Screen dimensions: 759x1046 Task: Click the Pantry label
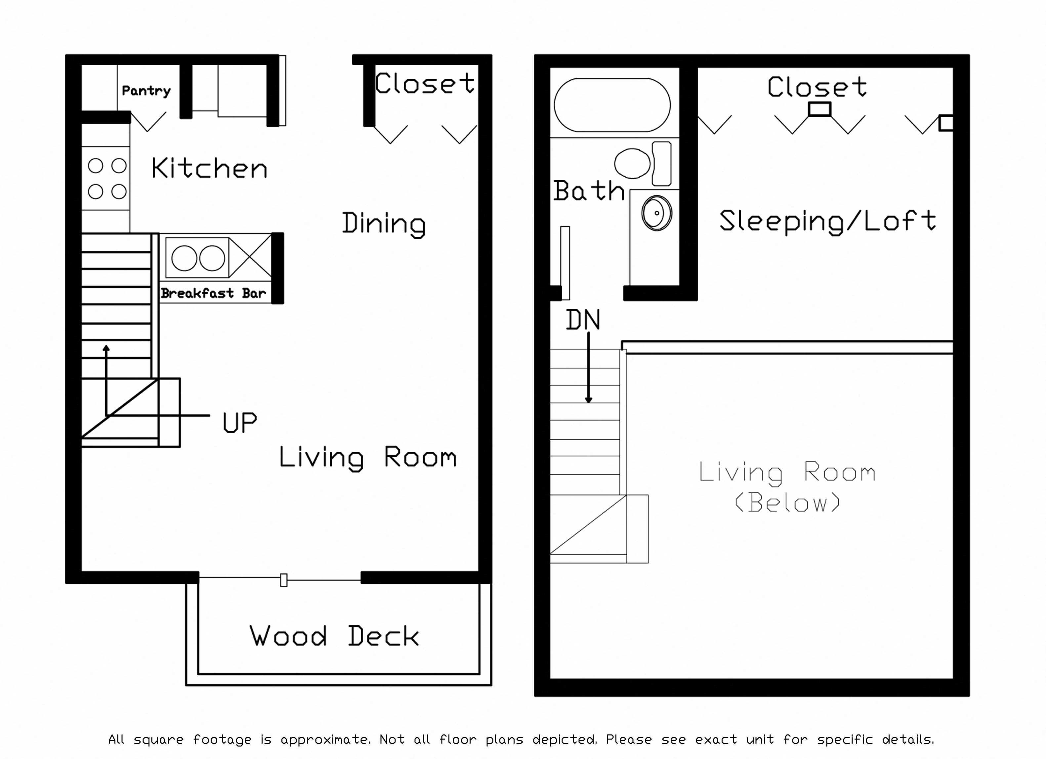(146, 91)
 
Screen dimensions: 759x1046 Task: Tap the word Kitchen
(209, 168)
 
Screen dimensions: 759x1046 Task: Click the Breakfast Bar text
(213, 293)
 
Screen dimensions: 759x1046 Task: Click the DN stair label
(583, 320)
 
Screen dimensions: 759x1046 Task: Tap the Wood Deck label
(334, 636)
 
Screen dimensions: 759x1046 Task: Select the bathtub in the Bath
(612, 105)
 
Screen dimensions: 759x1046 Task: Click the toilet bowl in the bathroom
(632, 163)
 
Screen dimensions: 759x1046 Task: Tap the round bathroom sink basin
(656, 213)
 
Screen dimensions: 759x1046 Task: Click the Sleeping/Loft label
(827, 221)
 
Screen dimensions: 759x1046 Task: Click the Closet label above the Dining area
(424, 84)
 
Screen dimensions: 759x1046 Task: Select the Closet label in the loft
(817, 87)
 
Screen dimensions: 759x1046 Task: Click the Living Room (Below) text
(787, 487)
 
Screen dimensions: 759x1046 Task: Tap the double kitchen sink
(198, 258)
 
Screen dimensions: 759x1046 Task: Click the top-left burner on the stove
(96, 166)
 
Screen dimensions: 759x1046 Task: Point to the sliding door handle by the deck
(284, 580)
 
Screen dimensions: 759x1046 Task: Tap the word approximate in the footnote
(325, 739)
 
